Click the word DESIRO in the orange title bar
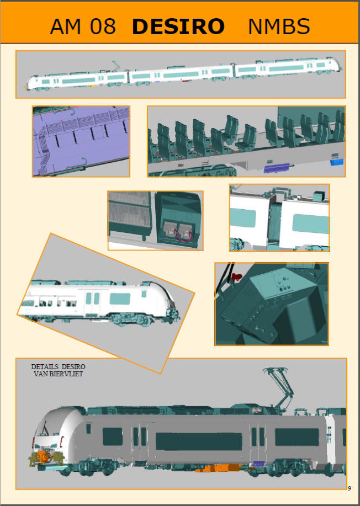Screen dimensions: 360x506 [x=178, y=26]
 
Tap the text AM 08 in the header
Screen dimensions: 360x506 [x=83, y=26]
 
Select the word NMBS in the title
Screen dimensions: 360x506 [x=279, y=26]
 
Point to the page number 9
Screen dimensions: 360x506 [x=350, y=488]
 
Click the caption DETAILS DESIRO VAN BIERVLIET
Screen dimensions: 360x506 [x=58, y=370]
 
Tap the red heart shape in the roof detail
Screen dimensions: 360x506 [x=237, y=276]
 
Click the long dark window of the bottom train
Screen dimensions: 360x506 [x=199, y=441]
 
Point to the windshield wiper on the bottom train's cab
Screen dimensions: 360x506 [x=45, y=428]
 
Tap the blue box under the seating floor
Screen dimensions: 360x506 [x=337, y=162]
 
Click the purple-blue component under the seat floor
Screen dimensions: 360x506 [x=277, y=168]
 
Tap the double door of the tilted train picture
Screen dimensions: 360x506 [x=93, y=302]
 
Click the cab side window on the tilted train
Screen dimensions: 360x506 [x=144, y=294]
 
